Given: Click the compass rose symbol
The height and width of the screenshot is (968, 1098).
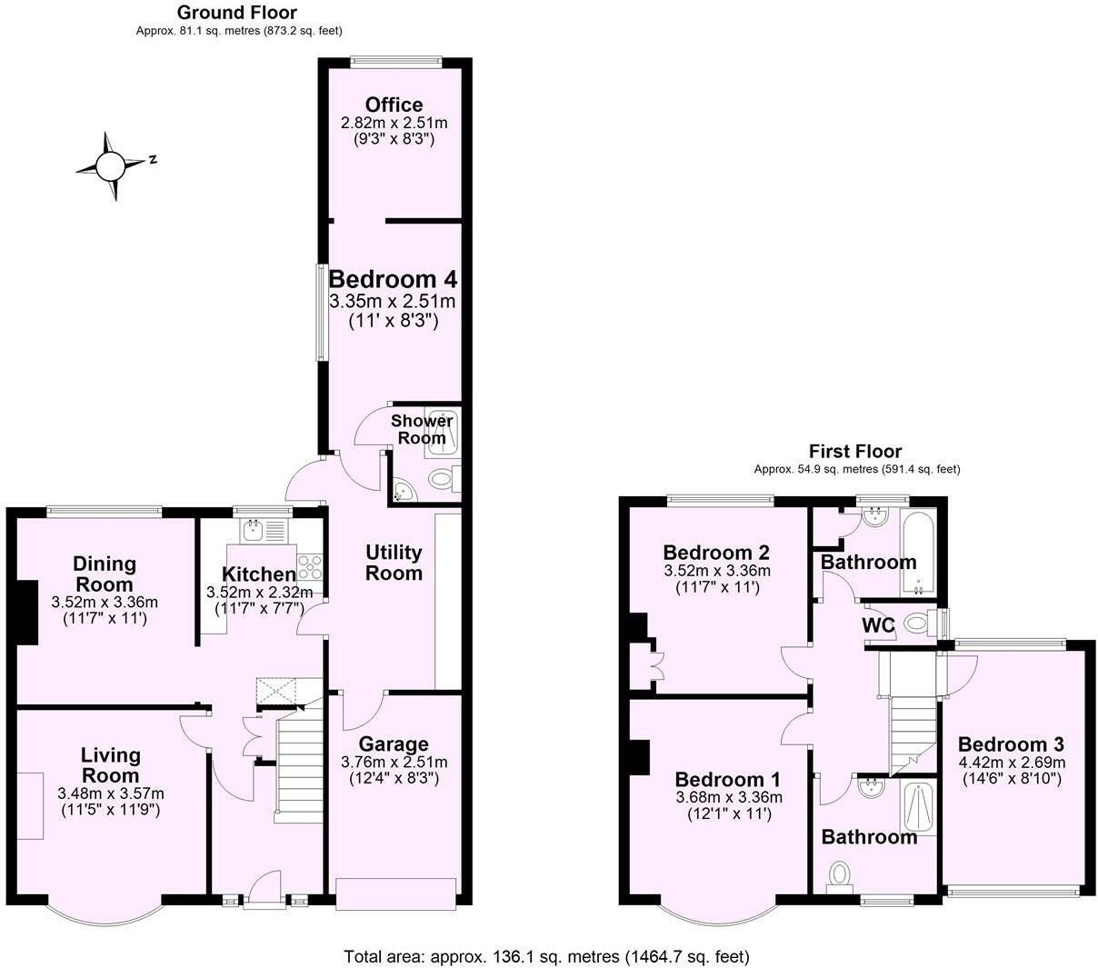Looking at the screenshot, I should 111,165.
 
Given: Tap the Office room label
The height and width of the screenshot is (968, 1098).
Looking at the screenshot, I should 394,105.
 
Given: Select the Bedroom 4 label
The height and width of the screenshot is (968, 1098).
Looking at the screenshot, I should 393,278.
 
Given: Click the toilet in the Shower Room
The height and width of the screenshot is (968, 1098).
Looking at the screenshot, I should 442,478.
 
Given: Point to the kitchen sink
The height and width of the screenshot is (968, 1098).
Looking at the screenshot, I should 252,530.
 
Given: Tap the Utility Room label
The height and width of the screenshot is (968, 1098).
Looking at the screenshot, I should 394,563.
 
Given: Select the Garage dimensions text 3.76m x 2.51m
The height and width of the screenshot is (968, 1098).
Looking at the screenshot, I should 394,762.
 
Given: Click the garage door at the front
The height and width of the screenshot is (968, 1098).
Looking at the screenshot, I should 394,893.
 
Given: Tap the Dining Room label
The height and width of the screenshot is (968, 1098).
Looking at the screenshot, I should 104,574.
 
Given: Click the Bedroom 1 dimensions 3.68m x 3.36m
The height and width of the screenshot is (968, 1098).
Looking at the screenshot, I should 728,798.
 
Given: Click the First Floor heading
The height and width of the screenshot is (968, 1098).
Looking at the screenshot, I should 855,451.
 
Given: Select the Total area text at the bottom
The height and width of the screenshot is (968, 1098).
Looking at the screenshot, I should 546,956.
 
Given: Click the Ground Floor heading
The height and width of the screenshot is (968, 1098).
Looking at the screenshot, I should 236,12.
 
